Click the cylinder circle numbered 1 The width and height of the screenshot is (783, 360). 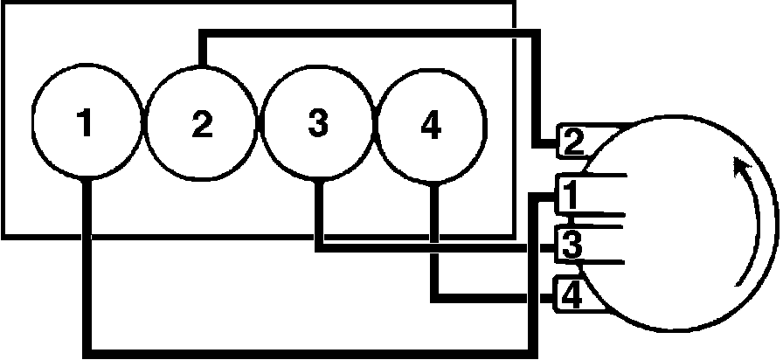pos(85,125)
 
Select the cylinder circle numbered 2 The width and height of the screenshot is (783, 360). pos(202,125)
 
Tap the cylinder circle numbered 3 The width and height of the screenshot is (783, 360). pos(319,125)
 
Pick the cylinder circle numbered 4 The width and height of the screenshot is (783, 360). pos(431,125)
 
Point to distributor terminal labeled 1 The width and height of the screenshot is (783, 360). pos(568,196)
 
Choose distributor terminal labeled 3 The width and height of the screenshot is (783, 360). pos(571,246)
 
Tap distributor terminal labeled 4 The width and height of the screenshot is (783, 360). pos(571,297)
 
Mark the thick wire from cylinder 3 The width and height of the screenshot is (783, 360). pos(419,246)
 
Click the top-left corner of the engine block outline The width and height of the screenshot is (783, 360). pos(2,2)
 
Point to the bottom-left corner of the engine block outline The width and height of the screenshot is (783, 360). pos(2,235)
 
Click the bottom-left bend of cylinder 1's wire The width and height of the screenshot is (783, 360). pos(85,350)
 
